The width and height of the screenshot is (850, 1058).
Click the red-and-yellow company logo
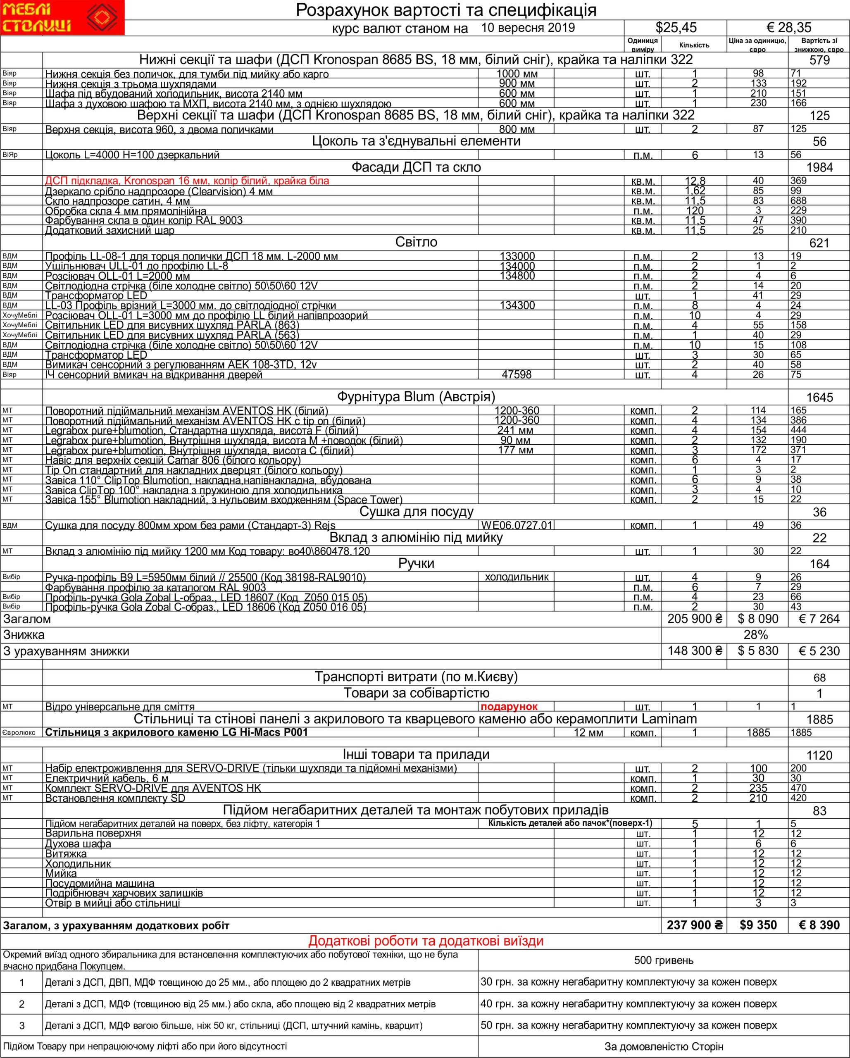click(x=62, y=18)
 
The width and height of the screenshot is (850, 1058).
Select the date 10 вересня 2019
click(x=528, y=28)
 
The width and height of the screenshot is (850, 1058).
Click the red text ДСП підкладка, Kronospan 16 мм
click(x=187, y=181)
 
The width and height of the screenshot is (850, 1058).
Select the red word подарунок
click(x=510, y=707)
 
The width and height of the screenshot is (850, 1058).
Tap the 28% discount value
click(x=755, y=635)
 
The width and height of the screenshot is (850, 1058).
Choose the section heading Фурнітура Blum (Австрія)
click(x=416, y=396)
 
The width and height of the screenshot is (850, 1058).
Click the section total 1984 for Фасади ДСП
click(x=819, y=168)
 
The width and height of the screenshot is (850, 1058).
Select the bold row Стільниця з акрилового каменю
click(x=177, y=732)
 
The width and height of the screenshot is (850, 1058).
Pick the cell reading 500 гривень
click(x=664, y=960)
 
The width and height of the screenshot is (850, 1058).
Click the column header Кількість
click(x=694, y=45)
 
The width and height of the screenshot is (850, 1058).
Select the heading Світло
click(x=416, y=242)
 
